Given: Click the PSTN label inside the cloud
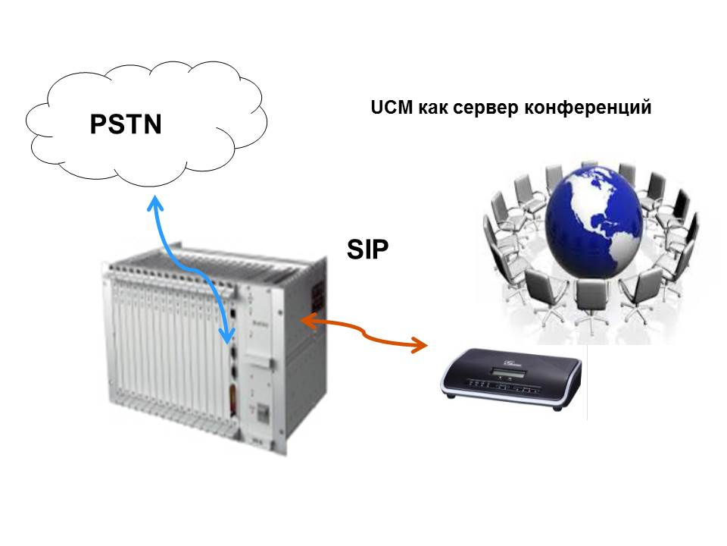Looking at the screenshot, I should click(x=126, y=124).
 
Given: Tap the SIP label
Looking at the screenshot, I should click(x=368, y=249).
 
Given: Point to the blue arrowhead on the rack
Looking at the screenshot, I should click(x=226, y=334).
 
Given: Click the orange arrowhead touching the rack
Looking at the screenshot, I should click(x=307, y=322).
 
